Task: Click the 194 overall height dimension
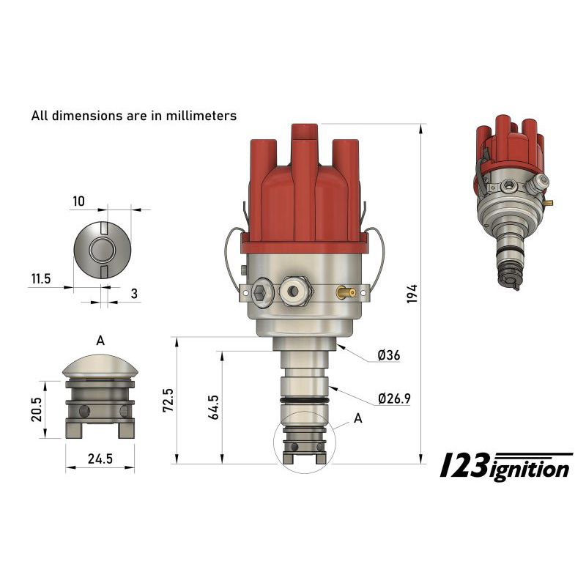click(x=412, y=294)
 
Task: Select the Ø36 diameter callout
click(x=389, y=355)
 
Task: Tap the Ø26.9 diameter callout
click(x=394, y=398)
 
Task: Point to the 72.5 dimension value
click(x=168, y=400)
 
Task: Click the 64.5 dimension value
click(x=214, y=407)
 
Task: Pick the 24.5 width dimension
click(x=100, y=459)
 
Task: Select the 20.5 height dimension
click(x=37, y=409)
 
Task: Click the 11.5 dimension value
click(x=41, y=279)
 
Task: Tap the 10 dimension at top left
click(x=78, y=201)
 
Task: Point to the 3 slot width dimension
click(x=134, y=294)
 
